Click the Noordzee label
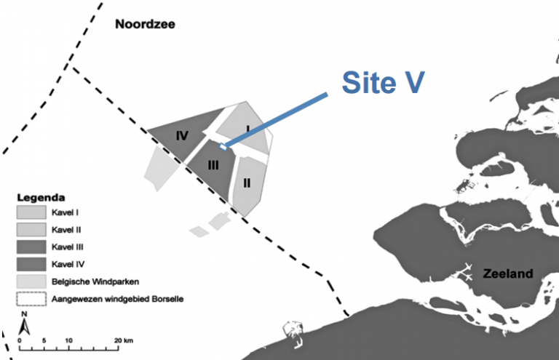click(145, 25)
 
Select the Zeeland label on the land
click(507, 274)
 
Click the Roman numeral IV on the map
click(182, 135)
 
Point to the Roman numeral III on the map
click(213, 165)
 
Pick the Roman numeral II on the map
click(247, 182)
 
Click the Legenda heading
click(42, 197)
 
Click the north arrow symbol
click(23, 321)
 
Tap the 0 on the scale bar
click(20, 340)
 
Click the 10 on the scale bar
click(68, 340)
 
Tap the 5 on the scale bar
click(44, 340)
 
